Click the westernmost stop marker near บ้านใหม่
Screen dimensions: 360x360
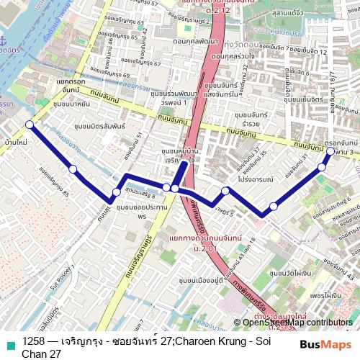click(30, 125)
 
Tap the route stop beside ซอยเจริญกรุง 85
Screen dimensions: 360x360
click(73, 169)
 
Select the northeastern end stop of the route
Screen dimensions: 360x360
click(330, 151)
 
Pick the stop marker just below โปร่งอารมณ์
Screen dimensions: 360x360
click(225, 191)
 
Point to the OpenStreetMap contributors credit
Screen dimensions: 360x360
click(297, 323)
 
